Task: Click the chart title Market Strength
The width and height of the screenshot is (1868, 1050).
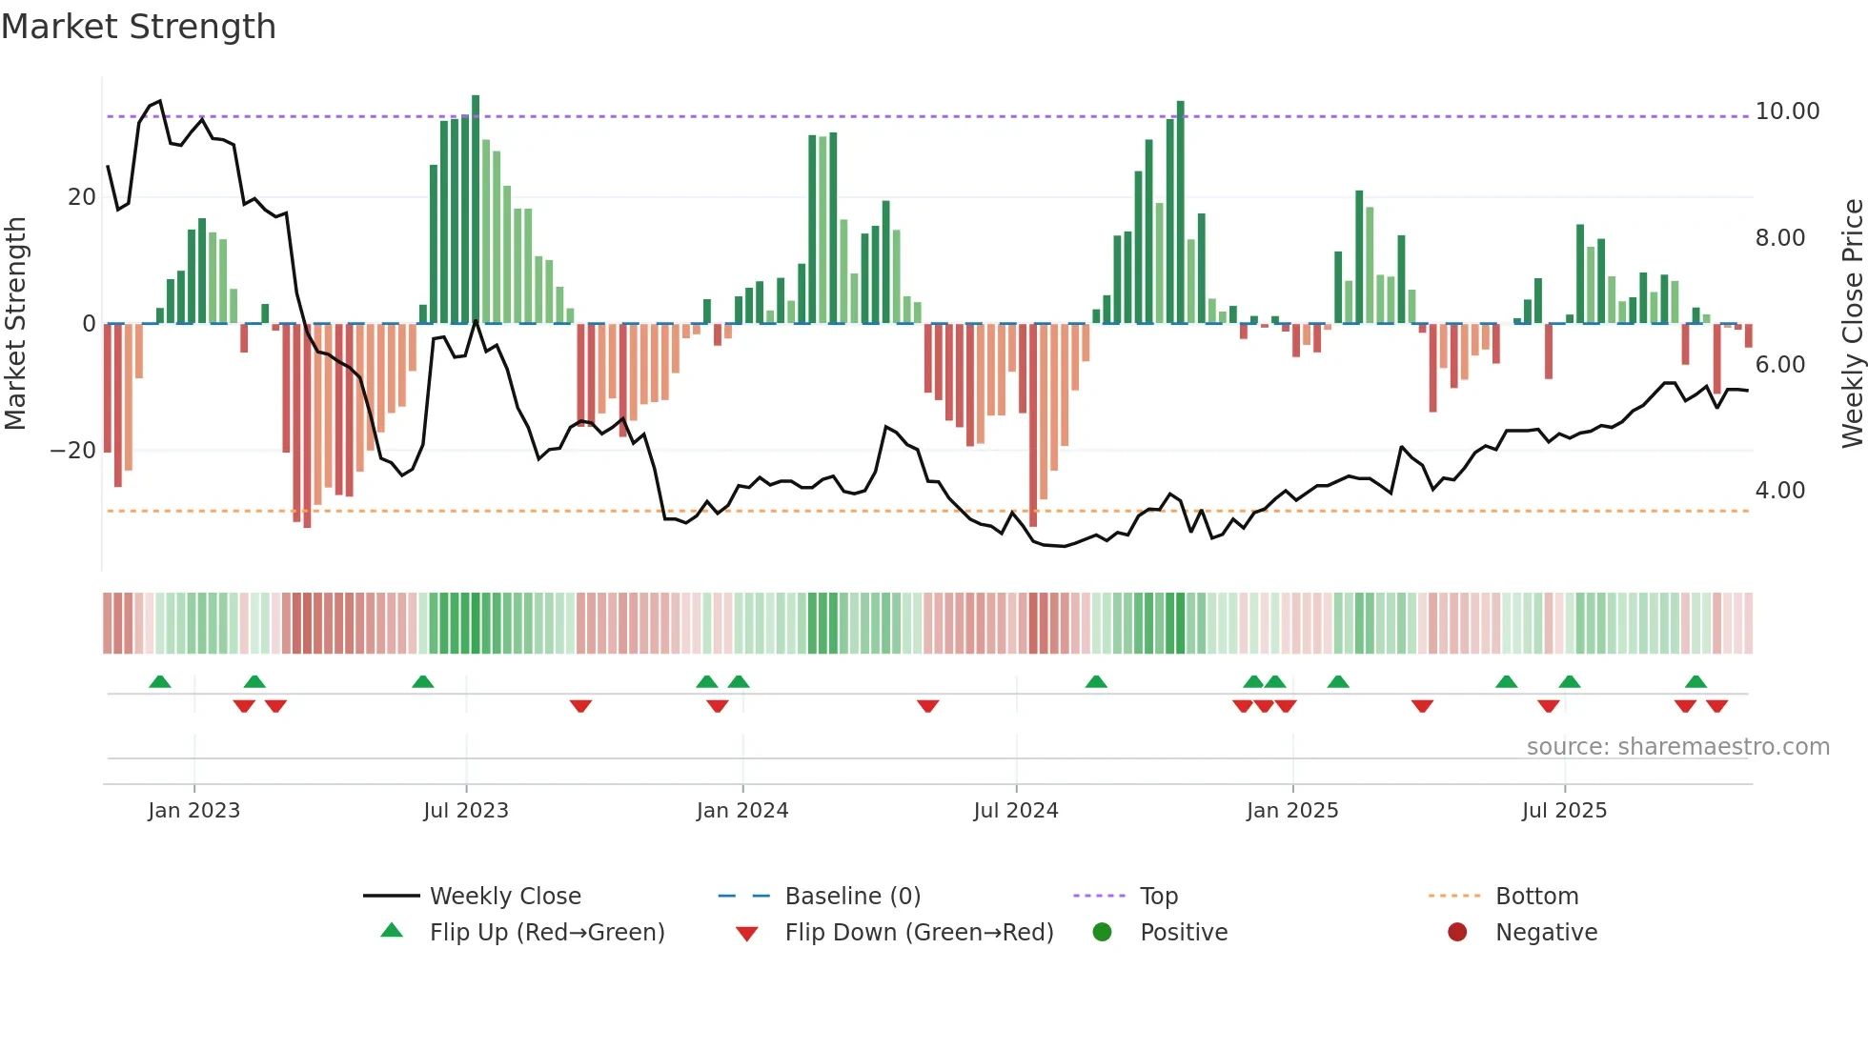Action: [x=138, y=27]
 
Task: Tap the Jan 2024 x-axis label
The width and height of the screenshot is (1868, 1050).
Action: [x=742, y=811]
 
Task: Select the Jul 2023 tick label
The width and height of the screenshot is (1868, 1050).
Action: [x=466, y=811]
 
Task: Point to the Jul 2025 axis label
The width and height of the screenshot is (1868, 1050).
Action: [x=1564, y=811]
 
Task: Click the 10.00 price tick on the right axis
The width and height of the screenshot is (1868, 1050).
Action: [x=1787, y=111]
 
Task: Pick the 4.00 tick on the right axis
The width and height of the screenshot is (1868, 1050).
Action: [x=1779, y=491]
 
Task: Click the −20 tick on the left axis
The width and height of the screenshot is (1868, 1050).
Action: [x=73, y=451]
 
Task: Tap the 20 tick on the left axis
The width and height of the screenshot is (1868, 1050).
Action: [x=82, y=197]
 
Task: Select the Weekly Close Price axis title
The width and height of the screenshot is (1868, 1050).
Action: [x=1852, y=324]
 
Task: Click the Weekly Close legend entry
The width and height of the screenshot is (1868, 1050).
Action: [x=504, y=897]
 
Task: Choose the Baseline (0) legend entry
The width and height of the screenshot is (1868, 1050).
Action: [x=852, y=897]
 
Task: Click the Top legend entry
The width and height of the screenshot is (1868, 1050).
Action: [x=1158, y=897]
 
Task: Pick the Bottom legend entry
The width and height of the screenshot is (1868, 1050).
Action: [x=1536, y=897]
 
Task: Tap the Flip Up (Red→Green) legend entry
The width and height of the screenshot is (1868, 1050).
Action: [x=546, y=933]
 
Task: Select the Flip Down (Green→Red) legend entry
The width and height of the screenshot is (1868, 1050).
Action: [x=919, y=933]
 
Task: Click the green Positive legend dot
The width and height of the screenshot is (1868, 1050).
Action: [x=1103, y=933]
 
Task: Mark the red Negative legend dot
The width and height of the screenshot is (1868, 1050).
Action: [x=1457, y=933]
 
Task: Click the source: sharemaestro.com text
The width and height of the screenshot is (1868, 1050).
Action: [x=1677, y=747]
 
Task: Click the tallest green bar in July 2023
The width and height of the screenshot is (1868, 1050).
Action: [x=476, y=210]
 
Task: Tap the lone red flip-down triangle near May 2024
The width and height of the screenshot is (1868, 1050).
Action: [x=928, y=706]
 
